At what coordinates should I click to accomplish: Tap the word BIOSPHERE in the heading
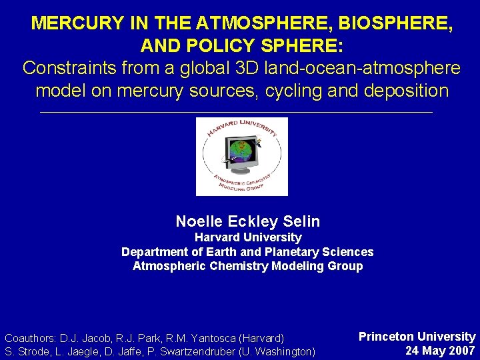point(394,23)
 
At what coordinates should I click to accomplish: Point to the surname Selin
point(303,221)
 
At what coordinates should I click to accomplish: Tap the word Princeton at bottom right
point(387,337)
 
